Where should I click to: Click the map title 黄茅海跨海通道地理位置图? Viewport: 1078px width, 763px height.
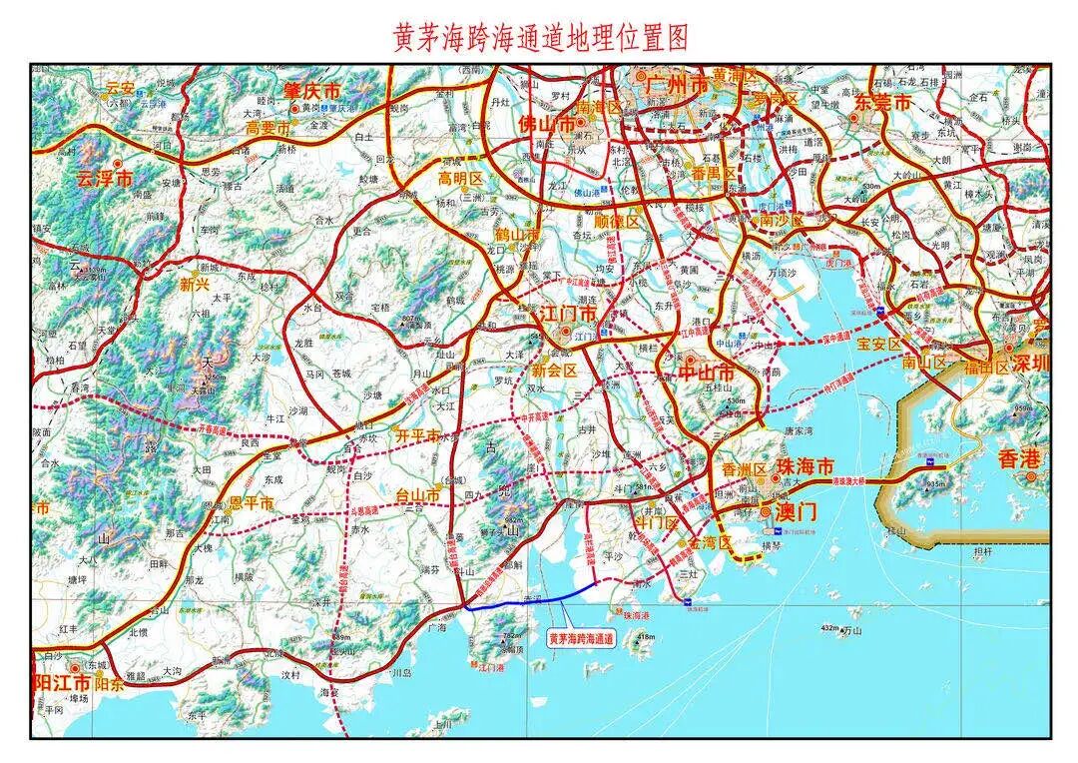tap(540, 38)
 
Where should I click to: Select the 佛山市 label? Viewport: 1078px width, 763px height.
tap(547, 125)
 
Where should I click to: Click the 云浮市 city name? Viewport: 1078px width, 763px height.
tap(104, 180)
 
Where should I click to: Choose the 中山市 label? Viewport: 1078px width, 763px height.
tap(706, 372)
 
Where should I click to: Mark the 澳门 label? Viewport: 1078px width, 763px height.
tap(796, 511)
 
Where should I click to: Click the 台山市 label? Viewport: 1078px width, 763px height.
tap(418, 494)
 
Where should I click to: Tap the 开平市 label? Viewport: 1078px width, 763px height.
tap(417, 435)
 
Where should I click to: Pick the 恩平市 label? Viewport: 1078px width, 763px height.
tap(251, 503)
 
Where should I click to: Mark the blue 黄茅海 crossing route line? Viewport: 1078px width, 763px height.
tap(529, 602)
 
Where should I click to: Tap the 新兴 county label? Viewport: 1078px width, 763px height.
tap(195, 284)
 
